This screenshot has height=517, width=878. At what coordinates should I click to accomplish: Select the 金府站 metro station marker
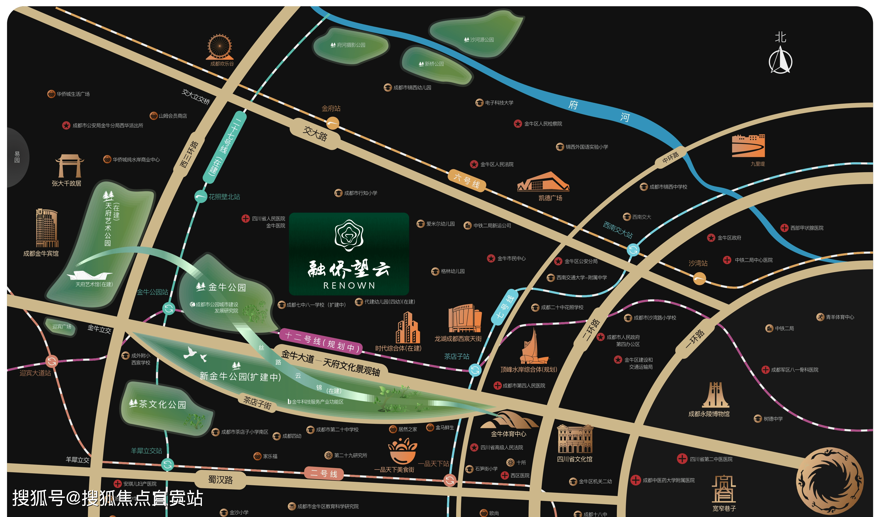(332, 123)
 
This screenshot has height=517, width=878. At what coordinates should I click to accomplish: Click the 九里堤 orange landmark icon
(748, 146)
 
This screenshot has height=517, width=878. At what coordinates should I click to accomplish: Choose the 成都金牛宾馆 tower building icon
(47, 228)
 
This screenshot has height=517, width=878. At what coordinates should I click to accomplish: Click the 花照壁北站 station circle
(201, 196)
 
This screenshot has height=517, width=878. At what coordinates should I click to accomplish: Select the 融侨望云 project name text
(349, 269)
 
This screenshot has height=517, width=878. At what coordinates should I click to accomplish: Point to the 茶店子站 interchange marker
(475, 370)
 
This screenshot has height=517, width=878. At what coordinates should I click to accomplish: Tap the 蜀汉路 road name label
(220, 480)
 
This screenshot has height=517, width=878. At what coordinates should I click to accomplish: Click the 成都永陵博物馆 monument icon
(715, 395)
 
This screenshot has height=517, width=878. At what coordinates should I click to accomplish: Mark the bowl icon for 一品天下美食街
(402, 452)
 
